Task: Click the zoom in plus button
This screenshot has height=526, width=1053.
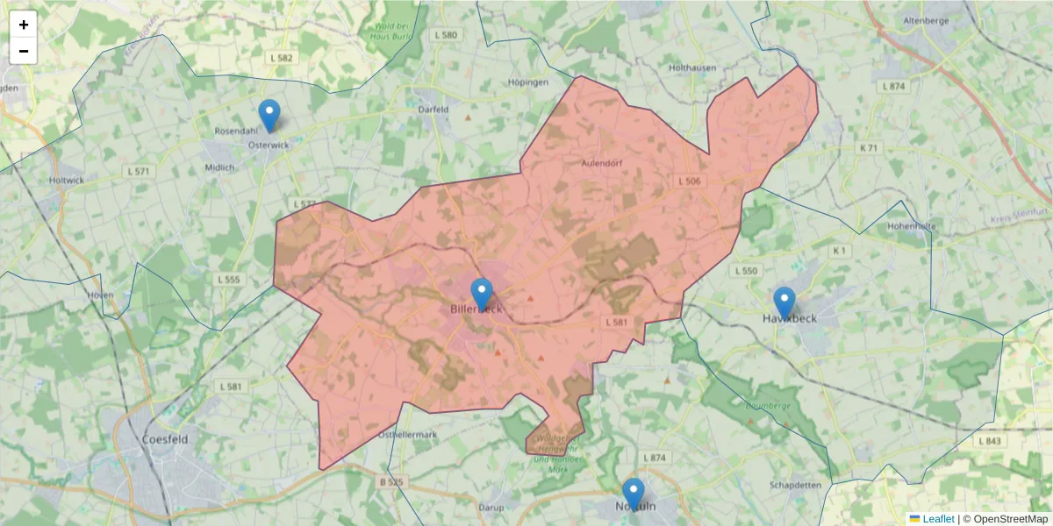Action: tap(24, 25)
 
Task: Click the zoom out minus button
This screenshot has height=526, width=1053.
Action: tap(24, 51)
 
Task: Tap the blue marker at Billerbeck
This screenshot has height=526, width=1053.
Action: tap(482, 295)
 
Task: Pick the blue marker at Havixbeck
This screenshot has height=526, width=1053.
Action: tap(784, 302)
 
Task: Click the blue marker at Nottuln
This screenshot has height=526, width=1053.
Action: tap(633, 494)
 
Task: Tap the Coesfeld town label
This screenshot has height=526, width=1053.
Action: tap(164, 439)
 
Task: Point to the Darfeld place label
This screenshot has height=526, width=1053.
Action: tap(433, 110)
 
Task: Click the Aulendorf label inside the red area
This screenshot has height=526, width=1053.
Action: tap(601, 163)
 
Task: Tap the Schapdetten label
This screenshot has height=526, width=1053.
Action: tap(794, 485)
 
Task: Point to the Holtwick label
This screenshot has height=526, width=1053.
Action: tap(68, 180)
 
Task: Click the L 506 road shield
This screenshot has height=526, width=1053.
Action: tap(690, 181)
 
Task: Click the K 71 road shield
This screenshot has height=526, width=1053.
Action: tap(868, 148)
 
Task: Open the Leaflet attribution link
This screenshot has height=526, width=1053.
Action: tap(937, 519)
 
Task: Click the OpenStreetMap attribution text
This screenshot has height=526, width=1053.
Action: tap(1004, 519)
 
